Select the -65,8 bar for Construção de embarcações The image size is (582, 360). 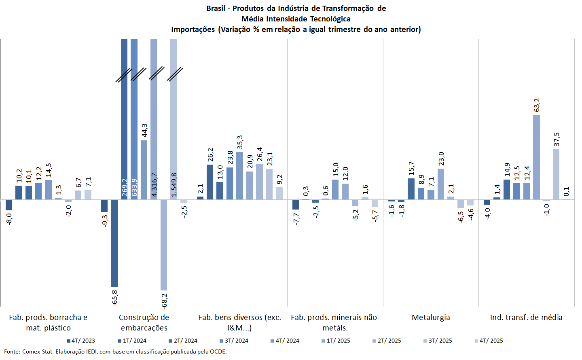pyautogui.click(x=114, y=243)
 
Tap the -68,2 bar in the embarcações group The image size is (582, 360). pyautogui.click(x=164, y=245)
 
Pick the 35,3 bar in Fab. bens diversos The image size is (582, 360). pyautogui.click(x=240, y=176)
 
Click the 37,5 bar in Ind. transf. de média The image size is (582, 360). pyautogui.click(x=556, y=174)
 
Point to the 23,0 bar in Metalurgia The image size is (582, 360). pyautogui.click(x=441, y=184)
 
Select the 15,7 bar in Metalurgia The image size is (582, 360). pyautogui.click(x=411, y=189)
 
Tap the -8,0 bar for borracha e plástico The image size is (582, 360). pyautogui.click(x=9, y=205)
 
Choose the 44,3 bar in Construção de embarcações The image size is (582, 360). pyautogui.click(x=144, y=170)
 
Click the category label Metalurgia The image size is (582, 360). pyautogui.click(x=431, y=318)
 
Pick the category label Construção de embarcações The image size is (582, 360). pyautogui.click(x=144, y=322)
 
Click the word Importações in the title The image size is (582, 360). pyautogui.click(x=193, y=30)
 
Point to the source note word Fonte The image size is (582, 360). pyautogui.click(x=12, y=352)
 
